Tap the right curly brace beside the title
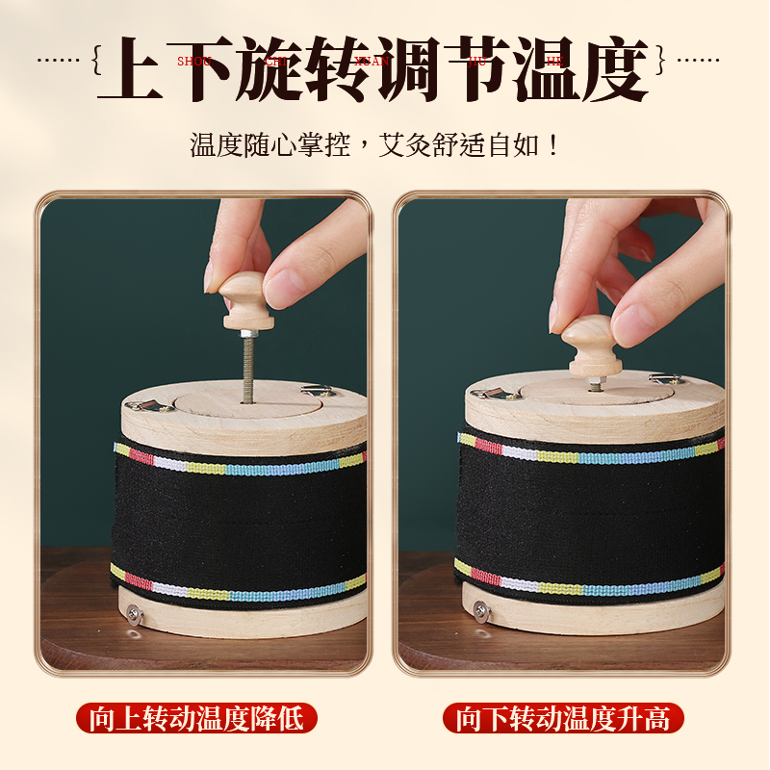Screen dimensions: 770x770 [660, 61]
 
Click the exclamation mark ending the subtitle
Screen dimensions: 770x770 [552, 147]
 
